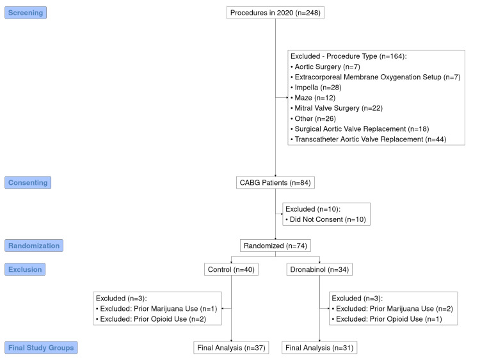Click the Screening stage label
(26, 12)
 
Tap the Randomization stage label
(33, 245)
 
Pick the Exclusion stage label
(26, 269)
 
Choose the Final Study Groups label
(41, 348)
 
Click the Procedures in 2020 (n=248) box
(275, 12)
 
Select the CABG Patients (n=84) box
(275, 183)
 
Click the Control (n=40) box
(231, 269)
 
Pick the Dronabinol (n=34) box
(320, 269)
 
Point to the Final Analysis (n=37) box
(231, 348)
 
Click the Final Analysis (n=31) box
(320, 348)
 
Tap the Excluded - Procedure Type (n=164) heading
(348, 56)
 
